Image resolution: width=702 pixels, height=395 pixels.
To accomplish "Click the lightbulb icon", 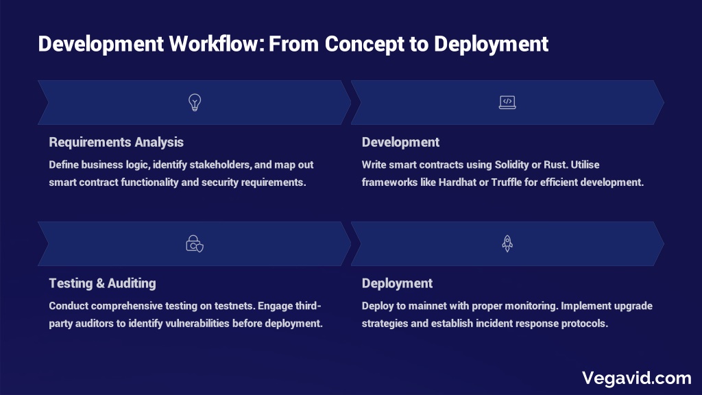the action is [x=195, y=103].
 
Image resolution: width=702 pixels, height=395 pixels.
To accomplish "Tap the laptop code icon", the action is [x=507, y=103].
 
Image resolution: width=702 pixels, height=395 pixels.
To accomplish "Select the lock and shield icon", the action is [x=195, y=243].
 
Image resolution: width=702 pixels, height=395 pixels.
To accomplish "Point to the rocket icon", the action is [x=507, y=243].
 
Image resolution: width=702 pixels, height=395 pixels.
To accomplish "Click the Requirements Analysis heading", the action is [x=117, y=143].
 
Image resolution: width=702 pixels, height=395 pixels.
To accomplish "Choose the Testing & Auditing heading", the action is [x=103, y=283].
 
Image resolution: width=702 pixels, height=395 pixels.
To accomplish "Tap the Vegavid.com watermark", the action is [x=637, y=378].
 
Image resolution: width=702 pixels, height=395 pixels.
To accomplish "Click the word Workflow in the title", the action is [x=216, y=44].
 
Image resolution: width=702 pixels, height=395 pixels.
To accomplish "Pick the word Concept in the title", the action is [x=365, y=44].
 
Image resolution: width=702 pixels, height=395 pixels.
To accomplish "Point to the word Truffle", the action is [x=507, y=182].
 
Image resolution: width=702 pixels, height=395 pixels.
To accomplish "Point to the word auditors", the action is [x=95, y=324].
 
